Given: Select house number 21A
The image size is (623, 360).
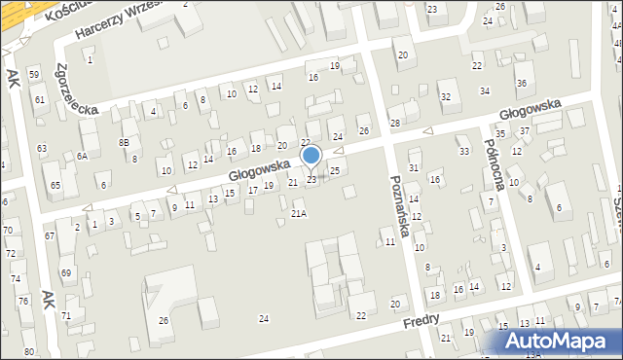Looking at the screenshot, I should (299, 213).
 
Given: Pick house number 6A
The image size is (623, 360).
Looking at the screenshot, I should (83, 156).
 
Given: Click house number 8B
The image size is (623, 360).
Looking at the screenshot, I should (124, 142).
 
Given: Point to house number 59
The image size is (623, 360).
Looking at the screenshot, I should (34, 75).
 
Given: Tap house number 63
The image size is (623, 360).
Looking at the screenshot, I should (41, 148).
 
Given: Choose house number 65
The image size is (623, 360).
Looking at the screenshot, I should (55, 185).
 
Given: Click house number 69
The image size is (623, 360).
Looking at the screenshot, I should (66, 273).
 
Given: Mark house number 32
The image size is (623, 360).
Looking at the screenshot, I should (445, 96).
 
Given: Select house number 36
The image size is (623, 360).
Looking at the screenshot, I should (522, 84).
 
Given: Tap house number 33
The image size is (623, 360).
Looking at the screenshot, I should (463, 152).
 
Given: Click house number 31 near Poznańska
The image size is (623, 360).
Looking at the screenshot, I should (413, 167).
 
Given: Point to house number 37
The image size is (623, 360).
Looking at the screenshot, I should (524, 130).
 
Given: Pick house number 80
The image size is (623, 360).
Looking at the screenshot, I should (29, 351).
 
